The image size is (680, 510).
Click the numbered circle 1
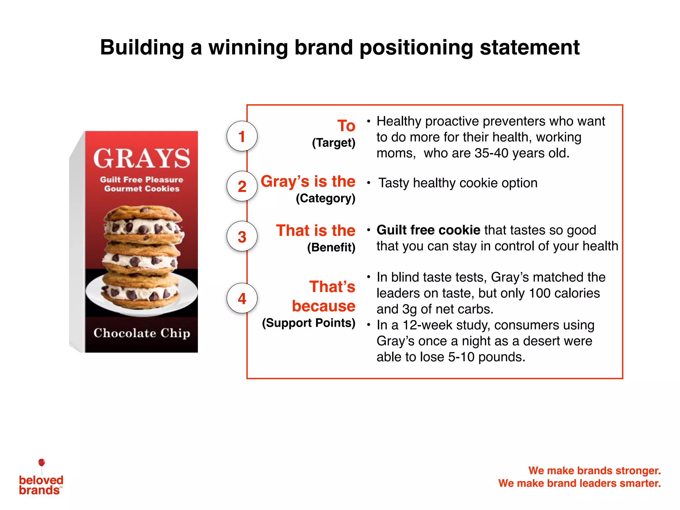[242, 136]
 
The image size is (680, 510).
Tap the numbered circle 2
[242, 186]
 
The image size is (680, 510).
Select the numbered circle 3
[242, 236]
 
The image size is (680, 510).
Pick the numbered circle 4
[242, 298]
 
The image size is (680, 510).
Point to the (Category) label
[325, 198]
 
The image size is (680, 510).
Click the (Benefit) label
[331, 247]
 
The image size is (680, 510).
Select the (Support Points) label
[308, 323]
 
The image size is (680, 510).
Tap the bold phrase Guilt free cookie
[428, 230]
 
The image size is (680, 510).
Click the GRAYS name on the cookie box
[142, 158]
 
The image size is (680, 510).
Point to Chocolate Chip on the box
[142, 333]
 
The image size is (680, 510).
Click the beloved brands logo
[41, 485]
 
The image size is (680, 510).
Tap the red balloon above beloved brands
[42, 463]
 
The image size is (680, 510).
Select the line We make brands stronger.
[594, 470]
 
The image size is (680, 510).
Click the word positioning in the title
[416, 47]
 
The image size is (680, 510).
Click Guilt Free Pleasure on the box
[142, 180]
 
